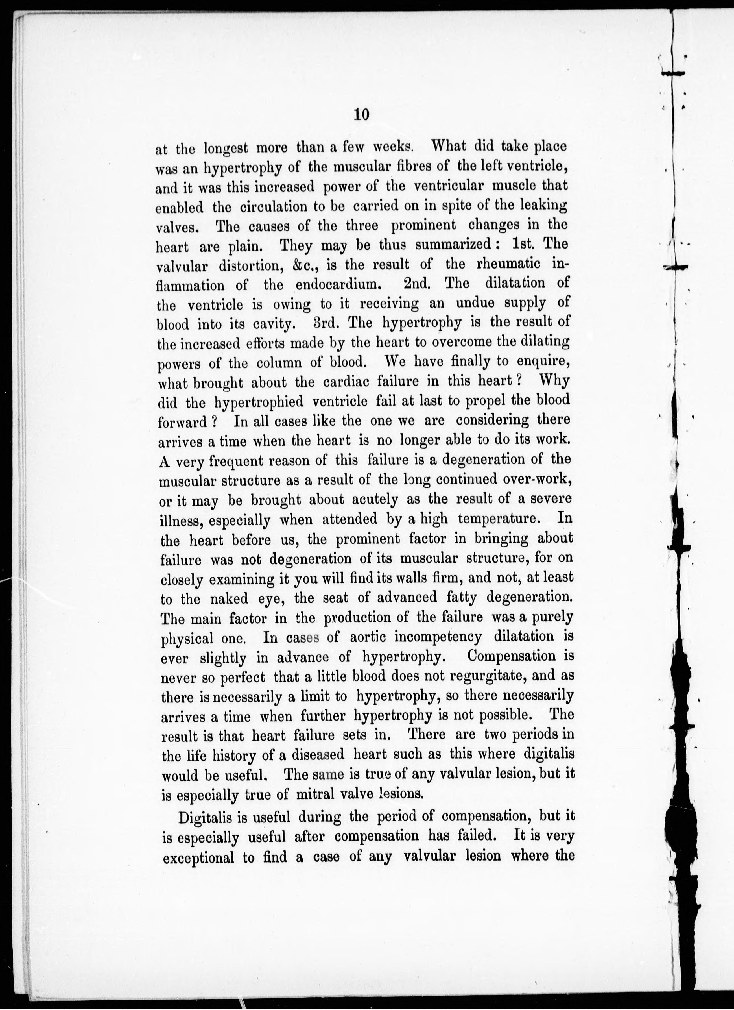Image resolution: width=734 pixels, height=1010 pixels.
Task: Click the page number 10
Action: point(361,115)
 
